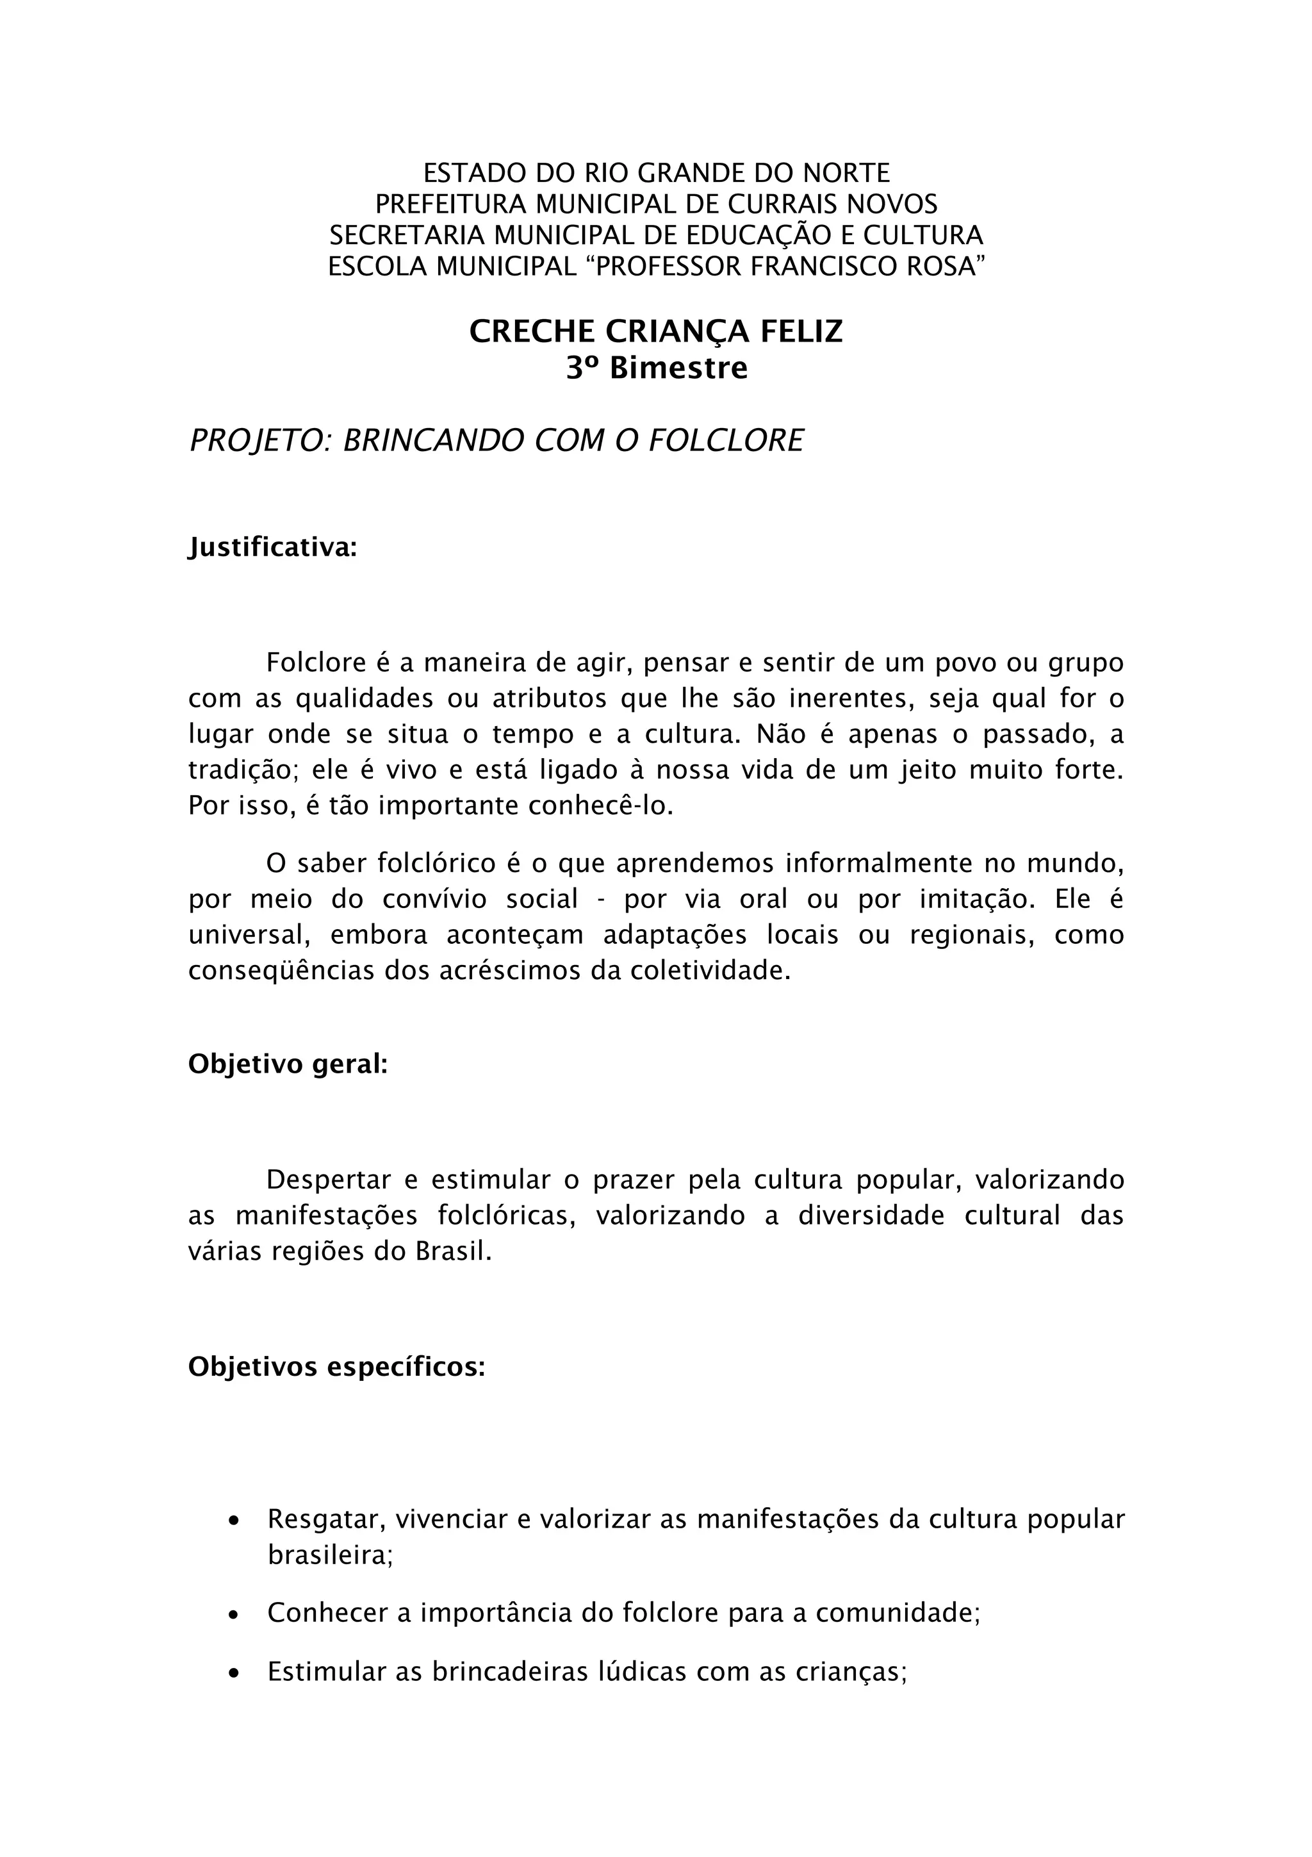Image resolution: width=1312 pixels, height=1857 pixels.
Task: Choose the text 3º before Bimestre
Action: pyautogui.click(x=582, y=369)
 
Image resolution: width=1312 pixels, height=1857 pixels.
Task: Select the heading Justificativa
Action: pyautogui.click(x=272, y=549)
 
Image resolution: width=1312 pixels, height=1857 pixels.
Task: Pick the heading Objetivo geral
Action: pyautogui.click(x=288, y=1064)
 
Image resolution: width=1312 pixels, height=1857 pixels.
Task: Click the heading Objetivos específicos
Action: pyautogui.click(x=336, y=1367)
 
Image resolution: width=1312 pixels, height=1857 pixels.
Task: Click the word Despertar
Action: pyautogui.click(x=328, y=1180)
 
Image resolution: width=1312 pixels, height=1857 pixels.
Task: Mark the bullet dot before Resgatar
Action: pyautogui.click(x=234, y=1521)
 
